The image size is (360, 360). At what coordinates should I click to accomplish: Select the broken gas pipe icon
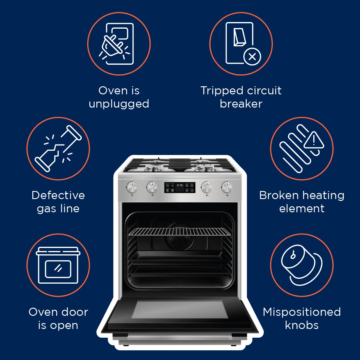58,149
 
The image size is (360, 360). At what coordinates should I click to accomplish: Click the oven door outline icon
58,265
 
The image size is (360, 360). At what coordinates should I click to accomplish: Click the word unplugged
119,104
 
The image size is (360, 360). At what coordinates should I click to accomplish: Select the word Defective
58,195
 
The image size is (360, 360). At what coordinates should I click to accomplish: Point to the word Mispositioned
302,312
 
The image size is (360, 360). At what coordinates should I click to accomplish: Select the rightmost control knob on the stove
226,188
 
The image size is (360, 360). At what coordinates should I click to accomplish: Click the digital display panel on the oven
179,187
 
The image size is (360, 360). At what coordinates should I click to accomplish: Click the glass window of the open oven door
179,310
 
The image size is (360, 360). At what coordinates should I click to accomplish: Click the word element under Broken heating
302,209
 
